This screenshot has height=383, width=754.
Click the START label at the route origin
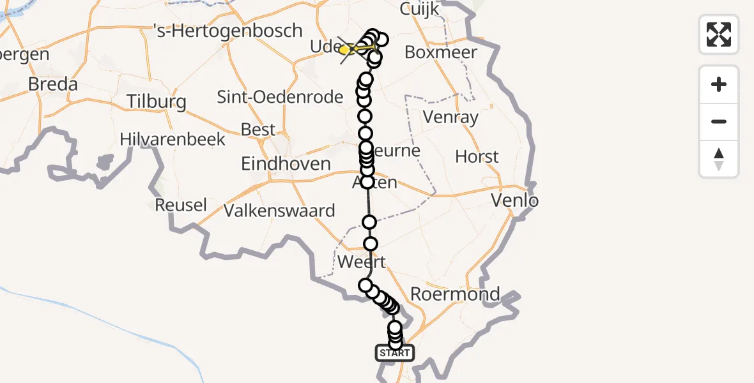pyautogui.click(x=395, y=353)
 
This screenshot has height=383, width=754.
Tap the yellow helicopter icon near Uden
pyautogui.click(x=350, y=49)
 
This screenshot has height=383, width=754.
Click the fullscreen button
pyautogui.click(x=719, y=34)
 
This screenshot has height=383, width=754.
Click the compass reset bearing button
pyautogui.click(x=719, y=159)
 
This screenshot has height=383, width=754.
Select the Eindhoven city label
pyautogui.click(x=286, y=163)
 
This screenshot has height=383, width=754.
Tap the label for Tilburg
pyautogui.click(x=157, y=101)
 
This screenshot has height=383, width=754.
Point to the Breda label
pyautogui.click(x=53, y=84)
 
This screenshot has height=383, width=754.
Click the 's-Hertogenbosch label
pyautogui.click(x=228, y=31)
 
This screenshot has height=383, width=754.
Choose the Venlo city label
pyautogui.click(x=514, y=201)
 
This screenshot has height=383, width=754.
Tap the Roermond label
pyautogui.click(x=455, y=294)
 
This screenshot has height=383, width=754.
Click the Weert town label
pyautogui.click(x=361, y=262)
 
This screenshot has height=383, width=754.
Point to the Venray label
pyautogui.click(x=451, y=117)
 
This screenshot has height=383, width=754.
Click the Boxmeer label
pyautogui.click(x=441, y=52)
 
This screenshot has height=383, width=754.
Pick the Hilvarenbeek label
pyautogui.click(x=173, y=139)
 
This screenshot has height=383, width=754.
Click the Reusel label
pyautogui.click(x=181, y=205)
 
